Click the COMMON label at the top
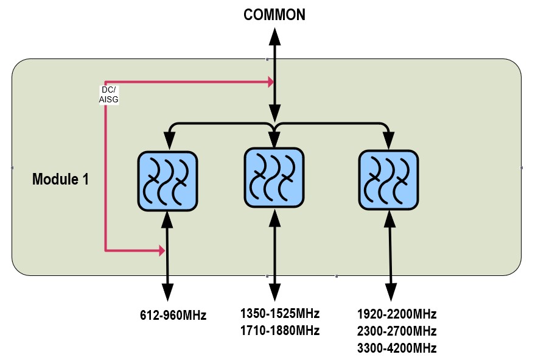point(274,15)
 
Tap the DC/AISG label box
point(108,94)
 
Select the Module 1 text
point(60,179)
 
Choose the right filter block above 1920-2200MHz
point(388,180)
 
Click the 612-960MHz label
point(173,316)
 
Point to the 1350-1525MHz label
point(279,314)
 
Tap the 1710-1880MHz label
point(279,331)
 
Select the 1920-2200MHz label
point(397,314)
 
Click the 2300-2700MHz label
point(397,331)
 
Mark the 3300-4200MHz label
point(397,348)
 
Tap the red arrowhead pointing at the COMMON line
point(268,80)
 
